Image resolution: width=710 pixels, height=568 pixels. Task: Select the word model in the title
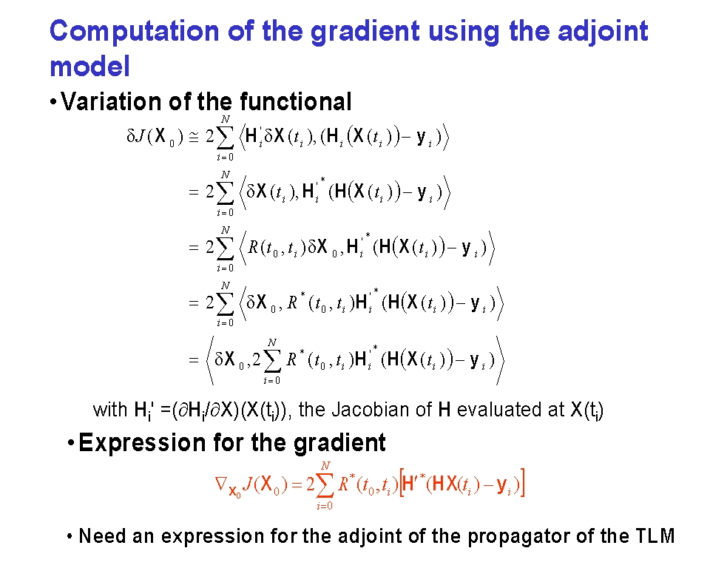coord(89,66)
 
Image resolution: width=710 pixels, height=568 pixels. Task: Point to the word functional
coord(295,101)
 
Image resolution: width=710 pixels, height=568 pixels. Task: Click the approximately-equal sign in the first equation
coord(193,137)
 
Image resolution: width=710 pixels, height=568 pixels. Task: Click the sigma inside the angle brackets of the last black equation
coord(271,361)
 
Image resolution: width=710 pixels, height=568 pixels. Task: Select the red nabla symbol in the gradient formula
coord(220,483)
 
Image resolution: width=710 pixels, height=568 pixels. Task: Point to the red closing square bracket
coord(522,483)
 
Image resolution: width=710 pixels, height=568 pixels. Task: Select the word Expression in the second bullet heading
coord(142,443)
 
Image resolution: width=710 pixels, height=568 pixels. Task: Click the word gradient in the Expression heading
coord(339,443)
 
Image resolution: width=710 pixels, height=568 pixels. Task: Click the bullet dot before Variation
coord(53,102)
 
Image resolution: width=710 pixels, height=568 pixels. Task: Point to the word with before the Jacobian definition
coord(109,410)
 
